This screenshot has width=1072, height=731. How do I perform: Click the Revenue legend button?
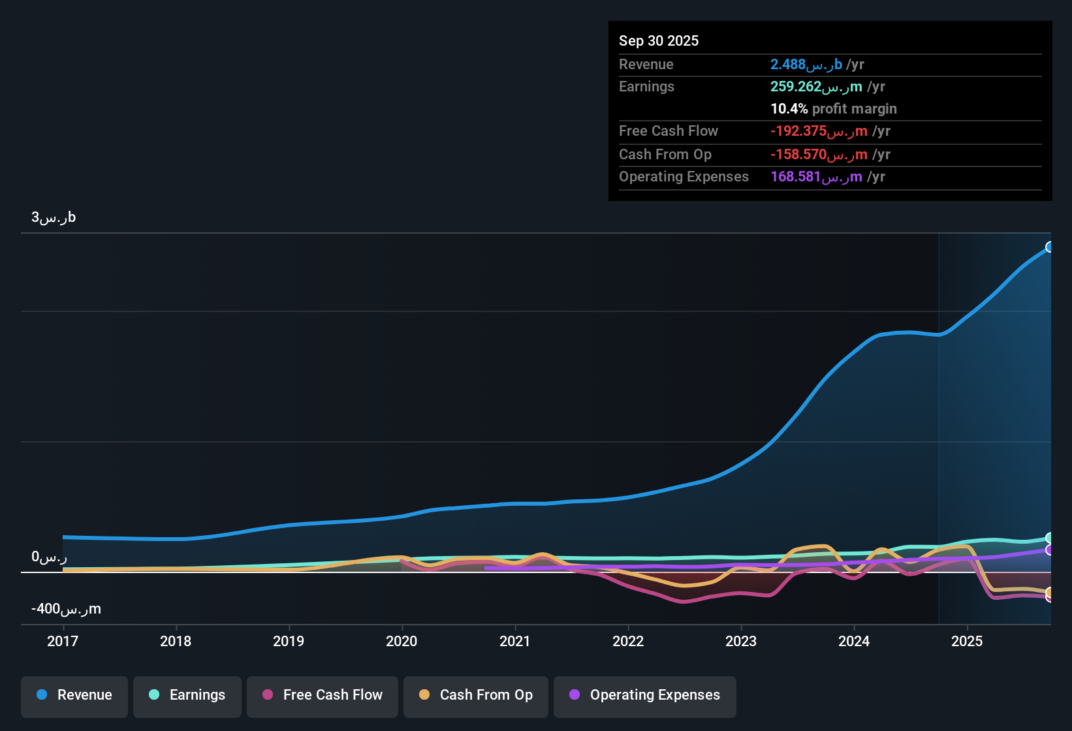coord(74,696)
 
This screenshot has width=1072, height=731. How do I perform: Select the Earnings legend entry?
coord(187,696)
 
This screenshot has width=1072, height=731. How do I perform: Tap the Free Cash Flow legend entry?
coord(323,696)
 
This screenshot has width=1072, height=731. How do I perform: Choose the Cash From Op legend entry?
coord(476,696)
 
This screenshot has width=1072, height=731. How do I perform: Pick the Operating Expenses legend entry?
coord(645,696)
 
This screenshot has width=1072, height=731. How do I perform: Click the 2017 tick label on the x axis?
coord(63,642)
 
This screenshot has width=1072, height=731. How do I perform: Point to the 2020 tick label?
coord(402,642)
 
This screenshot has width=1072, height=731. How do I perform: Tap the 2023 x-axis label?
coord(741,642)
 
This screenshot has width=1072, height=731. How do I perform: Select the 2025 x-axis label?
coord(967,642)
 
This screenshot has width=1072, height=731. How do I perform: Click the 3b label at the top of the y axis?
coord(54,217)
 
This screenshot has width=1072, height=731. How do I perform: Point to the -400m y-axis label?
coord(66,609)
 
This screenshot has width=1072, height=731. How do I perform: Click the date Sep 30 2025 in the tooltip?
coord(659,41)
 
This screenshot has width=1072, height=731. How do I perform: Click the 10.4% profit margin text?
coord(833,109)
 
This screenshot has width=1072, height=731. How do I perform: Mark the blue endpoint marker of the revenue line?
coord(1050,247)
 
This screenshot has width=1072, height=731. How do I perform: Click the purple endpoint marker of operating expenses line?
coord(1050,550)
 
